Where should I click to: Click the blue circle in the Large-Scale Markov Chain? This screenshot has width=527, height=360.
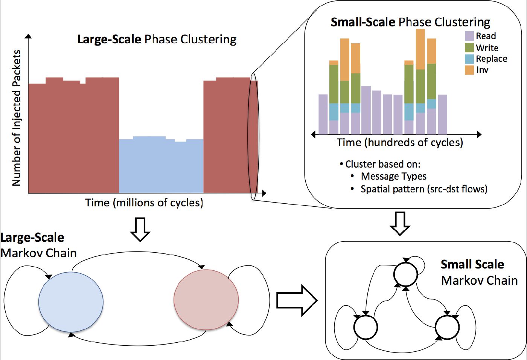(x=71, y=302)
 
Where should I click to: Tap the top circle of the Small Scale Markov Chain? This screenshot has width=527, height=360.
(x=405, y=274)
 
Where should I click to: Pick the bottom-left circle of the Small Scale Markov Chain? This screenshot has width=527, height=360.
(x=366, y=327)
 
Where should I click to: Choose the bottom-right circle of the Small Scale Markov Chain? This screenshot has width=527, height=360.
(x=447, y=327)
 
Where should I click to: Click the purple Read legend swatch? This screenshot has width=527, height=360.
(x=469, y=36)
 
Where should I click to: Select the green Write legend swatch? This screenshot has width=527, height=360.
(x=469, y=47)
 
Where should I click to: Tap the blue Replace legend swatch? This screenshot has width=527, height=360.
(x=469, y=59)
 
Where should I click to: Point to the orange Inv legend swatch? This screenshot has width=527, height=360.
(x=469, y=70)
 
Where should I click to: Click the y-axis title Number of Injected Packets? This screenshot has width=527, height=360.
(x=17, y=118)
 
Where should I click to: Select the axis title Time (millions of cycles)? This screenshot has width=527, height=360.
(x=144, y=203)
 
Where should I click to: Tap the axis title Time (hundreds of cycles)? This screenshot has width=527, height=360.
(x=400, y=143)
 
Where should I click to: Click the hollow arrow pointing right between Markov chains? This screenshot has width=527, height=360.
(x=297, y=301)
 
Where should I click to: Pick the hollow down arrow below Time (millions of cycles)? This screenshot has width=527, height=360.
(x=140, y=230)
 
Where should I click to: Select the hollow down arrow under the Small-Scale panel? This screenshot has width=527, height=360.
(x=400, y=224)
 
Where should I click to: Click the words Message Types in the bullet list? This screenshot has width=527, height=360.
(x=394, y=177)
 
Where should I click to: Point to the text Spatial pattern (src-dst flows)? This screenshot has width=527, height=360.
(x=424, y=189)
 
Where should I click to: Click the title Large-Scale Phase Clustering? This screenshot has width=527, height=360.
(x=157, y=39)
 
